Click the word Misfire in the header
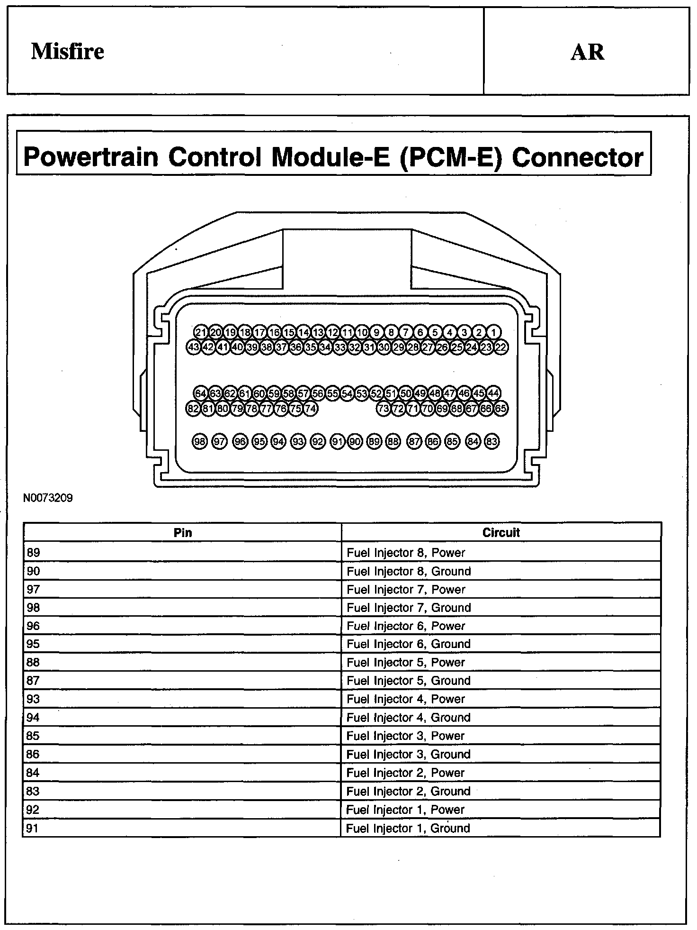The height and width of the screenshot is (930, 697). click(67, 51)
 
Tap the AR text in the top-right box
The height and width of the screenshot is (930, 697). click(587, 52)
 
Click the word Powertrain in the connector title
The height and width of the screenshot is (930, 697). click(90, 157)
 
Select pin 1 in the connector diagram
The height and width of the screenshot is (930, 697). click(493, 332)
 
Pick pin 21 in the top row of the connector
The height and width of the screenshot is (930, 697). click(201, 332)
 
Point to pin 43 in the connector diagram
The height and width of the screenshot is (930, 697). click(194, 347)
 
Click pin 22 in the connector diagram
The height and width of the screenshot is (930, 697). click(501, 347)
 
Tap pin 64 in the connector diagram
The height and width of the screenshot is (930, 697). click(201, 393)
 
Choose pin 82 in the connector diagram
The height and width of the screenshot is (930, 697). click(193, 409)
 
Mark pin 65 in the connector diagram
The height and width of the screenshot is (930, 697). click(500, 409)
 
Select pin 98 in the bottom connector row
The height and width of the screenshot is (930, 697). click(200, 442)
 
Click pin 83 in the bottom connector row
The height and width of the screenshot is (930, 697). click(492, 442)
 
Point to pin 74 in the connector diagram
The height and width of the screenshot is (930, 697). click(310, 409)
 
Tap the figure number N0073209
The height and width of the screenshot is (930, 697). click(48, 498)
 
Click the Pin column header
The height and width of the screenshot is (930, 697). click(183, 533)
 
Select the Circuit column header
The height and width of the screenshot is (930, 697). click(501, 533)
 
